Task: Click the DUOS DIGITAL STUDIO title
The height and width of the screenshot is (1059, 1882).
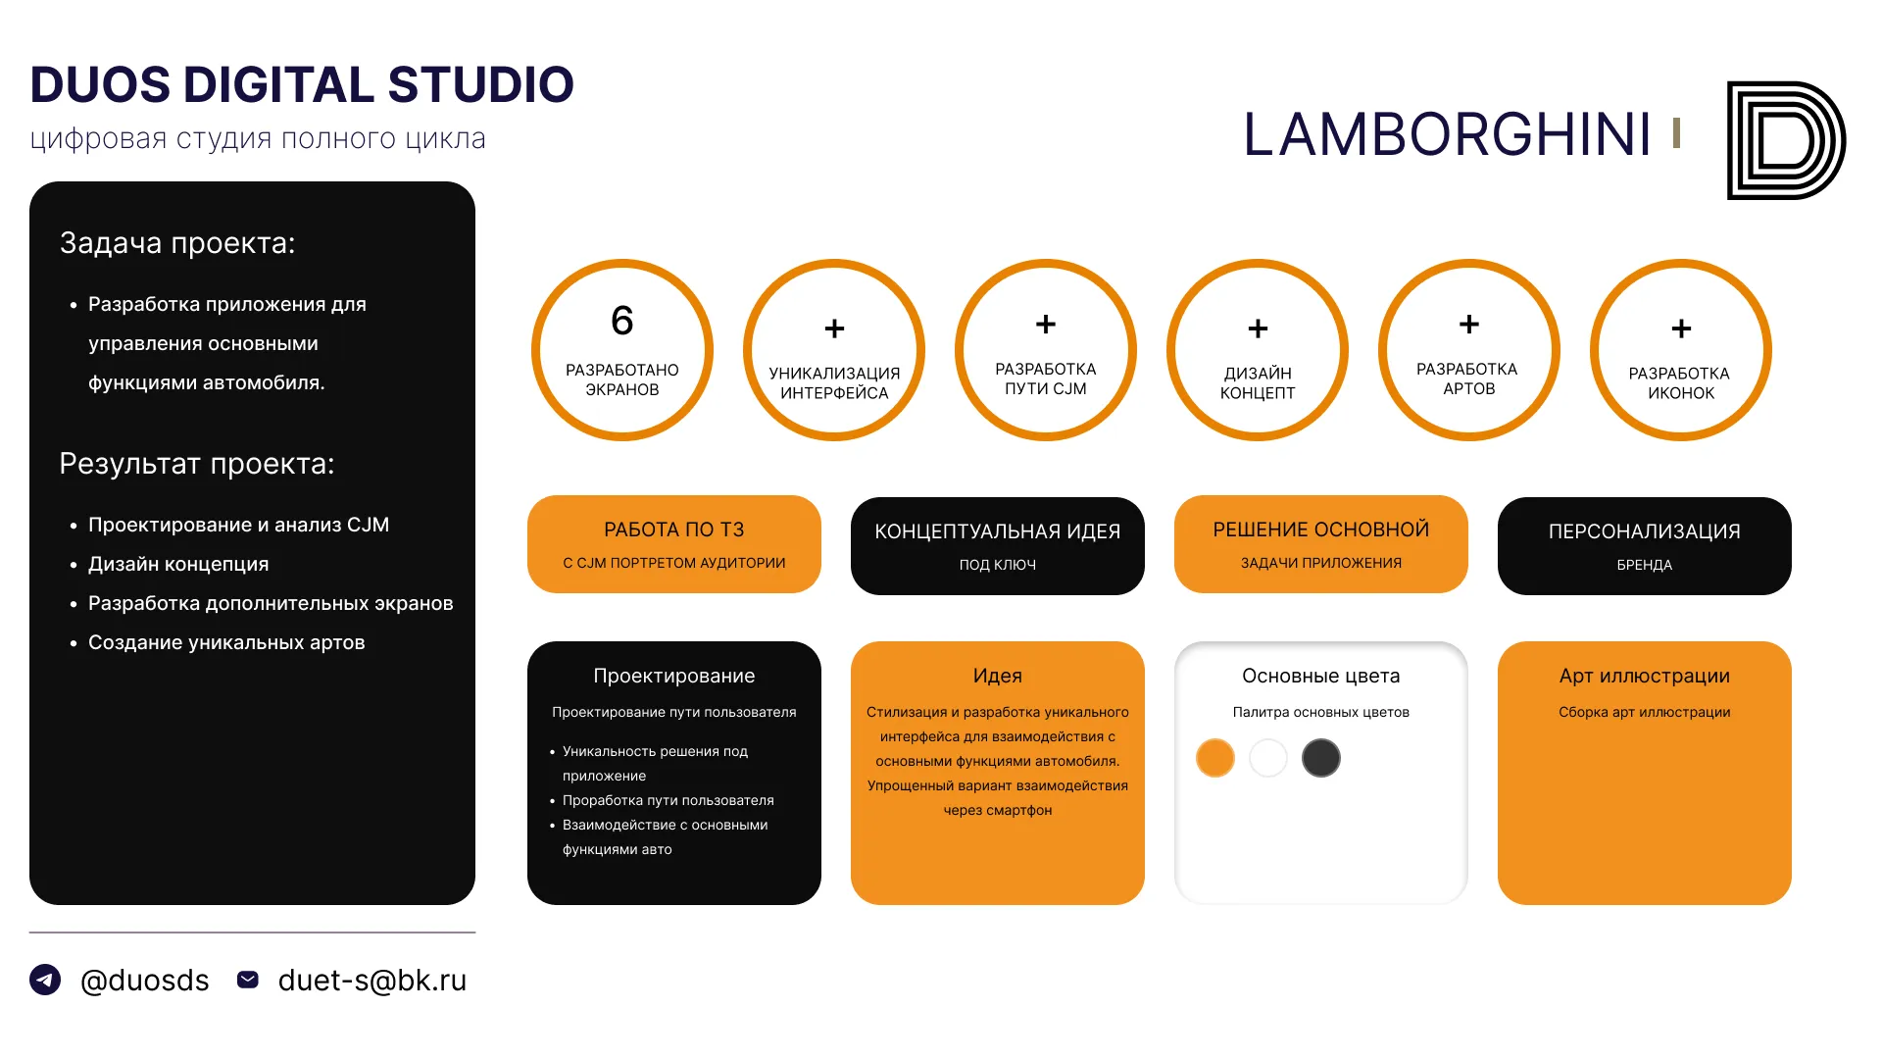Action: pyautogui.click(x=302, y=84)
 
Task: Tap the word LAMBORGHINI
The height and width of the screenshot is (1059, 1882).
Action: pyautogui.click(x=1448, y=134)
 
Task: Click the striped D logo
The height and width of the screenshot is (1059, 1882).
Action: pyautogui.click(x=1786, y=140)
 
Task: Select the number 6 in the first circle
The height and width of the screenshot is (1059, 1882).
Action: pyautogui.click(x=622, y=321)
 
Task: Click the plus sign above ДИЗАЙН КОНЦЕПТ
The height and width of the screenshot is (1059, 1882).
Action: pyautogui.click(x=1258, y=328)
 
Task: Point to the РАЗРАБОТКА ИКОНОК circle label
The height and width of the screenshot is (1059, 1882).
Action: pyautogui.click(x=1680, y=383)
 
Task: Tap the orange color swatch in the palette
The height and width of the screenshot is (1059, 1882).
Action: pyautogui.click(x=1215, y=758)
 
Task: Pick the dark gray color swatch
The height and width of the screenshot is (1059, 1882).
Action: pyautogui.click(x=1321, y=758)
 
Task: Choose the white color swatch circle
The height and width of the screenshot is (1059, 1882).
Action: pyautogui.click(x=1268, y=758)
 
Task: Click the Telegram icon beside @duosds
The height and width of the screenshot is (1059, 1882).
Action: pyautogui.click(x=45, y=980)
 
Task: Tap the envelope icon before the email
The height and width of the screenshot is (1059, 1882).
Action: pyautogui.click(x=248, y=980)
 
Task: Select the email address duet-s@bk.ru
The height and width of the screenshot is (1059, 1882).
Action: pyautogui.click(x=372, y=981)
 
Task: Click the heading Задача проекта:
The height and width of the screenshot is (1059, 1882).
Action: pyautogui.click(x=177, y=243)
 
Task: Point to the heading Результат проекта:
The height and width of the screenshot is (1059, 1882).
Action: pyautogui.click(x=197, y=464)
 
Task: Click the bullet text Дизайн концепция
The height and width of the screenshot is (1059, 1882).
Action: pyautogui.click(x=178, y=564)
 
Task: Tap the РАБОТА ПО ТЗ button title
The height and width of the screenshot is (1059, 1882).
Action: pyautogui.click(x=674, y=529)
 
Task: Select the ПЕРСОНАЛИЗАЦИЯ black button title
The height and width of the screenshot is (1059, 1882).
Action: pyautogui.click(x=1645, y=531)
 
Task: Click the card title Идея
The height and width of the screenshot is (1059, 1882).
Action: pyautogui.click(x=998, y=676)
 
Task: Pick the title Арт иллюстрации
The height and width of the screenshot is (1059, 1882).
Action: pyautogui.click(x=1645, y=676)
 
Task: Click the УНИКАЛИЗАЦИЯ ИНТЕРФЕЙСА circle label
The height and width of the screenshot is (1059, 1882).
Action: pyautogui.click(x=834, y=383)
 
